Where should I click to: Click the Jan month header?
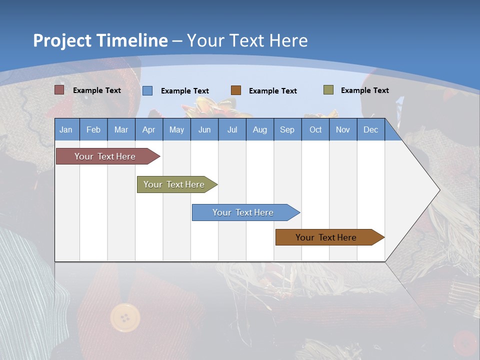pos(66,129)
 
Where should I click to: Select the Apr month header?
pos(149,129)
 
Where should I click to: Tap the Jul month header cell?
pos(232,129)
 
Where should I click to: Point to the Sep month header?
pos(287,129)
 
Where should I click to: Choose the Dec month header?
pos(370,129)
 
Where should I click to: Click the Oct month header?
pos(315,129)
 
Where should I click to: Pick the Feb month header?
pos(93,129)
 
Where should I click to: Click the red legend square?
pos(59,90)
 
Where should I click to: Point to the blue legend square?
pos(147,90)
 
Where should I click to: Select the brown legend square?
pos(236,90)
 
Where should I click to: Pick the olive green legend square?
pos(328,90)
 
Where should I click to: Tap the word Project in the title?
pos(62,40)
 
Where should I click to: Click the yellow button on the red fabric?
pos(125,317)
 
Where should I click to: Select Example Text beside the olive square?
pos(364,90)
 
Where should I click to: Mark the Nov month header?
pos(343,129)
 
